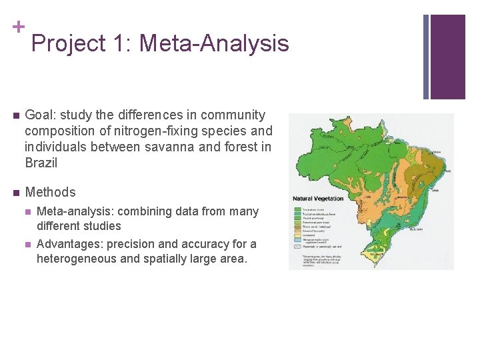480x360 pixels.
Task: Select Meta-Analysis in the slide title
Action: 215,44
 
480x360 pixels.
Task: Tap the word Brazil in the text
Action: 41,163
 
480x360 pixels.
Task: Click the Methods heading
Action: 50,192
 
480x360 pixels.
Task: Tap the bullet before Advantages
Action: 27,244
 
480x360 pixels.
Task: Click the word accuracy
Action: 212,244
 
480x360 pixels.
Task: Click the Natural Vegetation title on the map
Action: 319,198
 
